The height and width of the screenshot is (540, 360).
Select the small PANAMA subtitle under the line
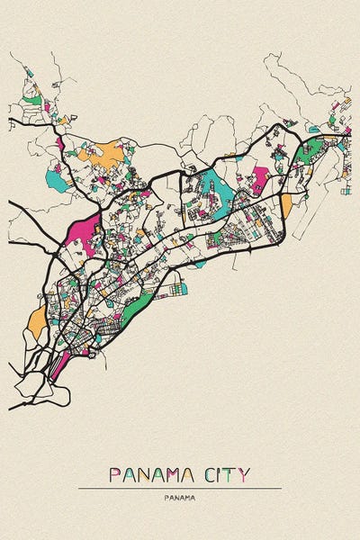[180, 497]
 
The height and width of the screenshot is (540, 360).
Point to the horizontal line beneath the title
[180, 488]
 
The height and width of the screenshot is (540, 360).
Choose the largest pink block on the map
[81, 234]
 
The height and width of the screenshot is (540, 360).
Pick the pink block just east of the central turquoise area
[260, 178]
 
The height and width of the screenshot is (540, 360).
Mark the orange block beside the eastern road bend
[286, 206]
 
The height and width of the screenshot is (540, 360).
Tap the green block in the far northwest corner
[32, 101]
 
